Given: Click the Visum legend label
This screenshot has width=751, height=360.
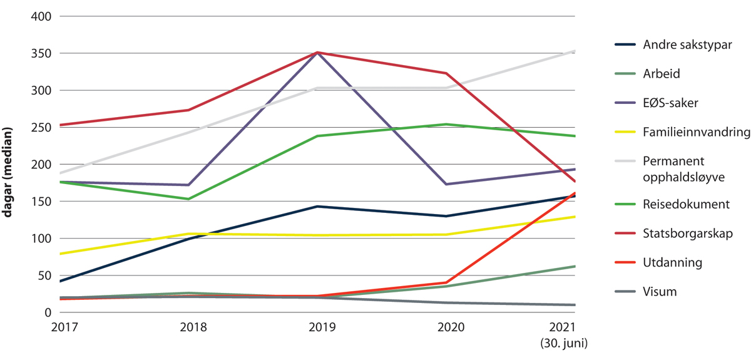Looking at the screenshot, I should [660, 292].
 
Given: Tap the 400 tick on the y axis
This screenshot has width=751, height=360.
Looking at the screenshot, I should [41, 16].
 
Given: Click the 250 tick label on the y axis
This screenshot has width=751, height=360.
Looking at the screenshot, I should [41, 127].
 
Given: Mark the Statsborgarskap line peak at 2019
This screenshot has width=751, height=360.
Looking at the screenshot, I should [317, 53].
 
